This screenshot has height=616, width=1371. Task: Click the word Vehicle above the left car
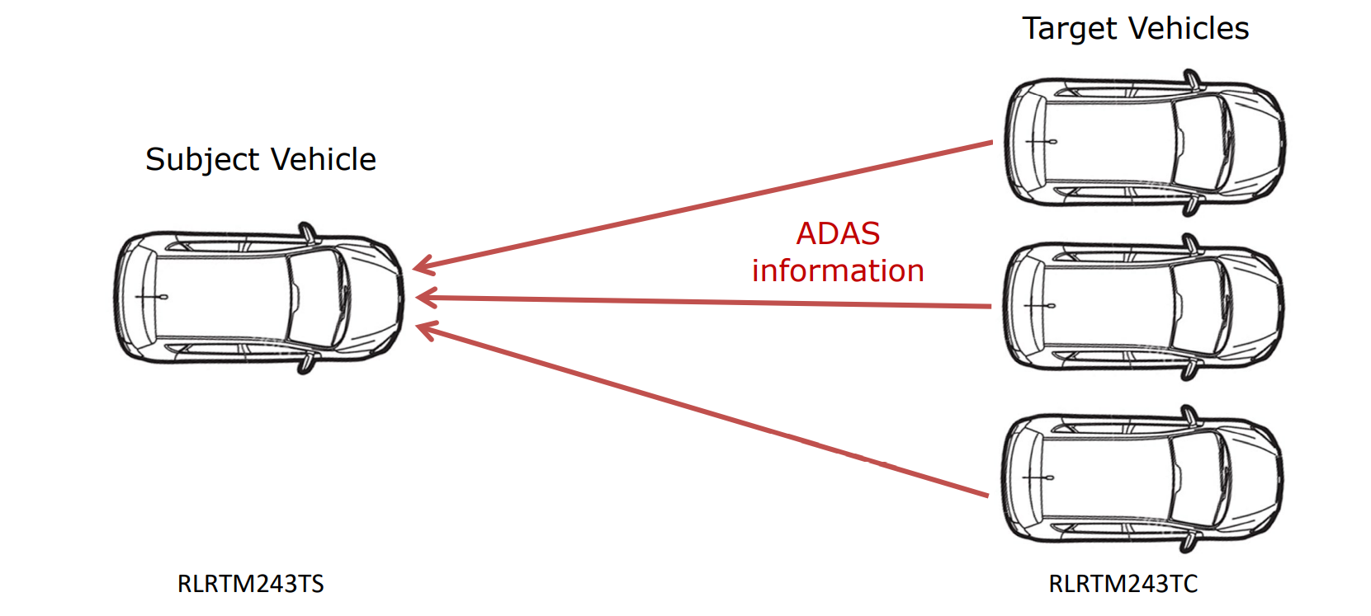point(324,160)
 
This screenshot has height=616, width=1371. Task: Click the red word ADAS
point(838,234)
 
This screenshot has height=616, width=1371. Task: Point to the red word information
point(838,271)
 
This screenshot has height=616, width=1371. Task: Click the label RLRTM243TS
point(251,584)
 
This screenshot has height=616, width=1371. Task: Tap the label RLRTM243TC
point(1123,584)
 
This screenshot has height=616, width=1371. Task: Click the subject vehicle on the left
point(259,299)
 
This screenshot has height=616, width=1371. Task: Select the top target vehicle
point(1144,142)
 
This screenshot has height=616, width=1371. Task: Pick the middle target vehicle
point(1144,307)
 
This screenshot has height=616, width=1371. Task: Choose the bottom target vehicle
point(1142,478)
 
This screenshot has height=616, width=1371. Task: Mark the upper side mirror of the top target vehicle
point(1191,79)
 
